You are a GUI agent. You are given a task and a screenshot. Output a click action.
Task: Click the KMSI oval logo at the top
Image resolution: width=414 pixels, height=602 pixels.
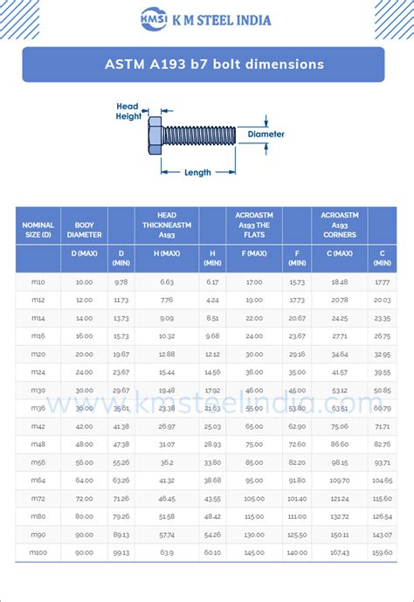[x=158, y=19]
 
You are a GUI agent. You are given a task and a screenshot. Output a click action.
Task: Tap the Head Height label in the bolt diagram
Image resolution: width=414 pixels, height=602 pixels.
[x=128, y=111]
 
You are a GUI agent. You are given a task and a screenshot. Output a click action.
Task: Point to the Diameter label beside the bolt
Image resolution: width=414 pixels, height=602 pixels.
[x=266, y=135]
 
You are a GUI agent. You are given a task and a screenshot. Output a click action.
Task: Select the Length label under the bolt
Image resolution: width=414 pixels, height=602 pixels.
[x=197, y=172]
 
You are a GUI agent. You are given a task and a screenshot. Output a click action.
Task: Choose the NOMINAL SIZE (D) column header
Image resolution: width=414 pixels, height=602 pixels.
[x=38, y=230]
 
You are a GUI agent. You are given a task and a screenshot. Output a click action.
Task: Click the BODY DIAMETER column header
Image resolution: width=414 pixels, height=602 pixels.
[x=84, y=230]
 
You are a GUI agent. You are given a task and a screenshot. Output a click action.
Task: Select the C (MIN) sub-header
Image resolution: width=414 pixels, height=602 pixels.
[x=382, y=258]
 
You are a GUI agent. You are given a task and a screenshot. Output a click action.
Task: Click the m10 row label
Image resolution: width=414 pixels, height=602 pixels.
[x=38, y=282]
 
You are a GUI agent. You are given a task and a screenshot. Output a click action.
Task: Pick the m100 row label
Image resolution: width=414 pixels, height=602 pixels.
[x=38, y=552]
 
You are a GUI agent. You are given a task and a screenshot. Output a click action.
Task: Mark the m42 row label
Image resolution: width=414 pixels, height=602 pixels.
[x=38, y=426]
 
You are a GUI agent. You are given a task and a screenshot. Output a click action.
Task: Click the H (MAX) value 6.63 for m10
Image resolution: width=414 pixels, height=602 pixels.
[x=167, y=282]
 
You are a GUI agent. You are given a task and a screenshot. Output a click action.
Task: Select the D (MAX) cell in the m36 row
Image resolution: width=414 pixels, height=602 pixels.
[x=84, y=408]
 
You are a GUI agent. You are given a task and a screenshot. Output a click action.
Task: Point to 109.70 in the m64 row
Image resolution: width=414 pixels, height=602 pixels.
[x=340, y=481]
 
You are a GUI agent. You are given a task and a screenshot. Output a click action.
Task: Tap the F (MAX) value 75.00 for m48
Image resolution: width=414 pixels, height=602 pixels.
[x=254, y=444]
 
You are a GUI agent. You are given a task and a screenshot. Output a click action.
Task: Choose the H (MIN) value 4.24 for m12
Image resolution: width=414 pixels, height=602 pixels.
[x=212, y=301]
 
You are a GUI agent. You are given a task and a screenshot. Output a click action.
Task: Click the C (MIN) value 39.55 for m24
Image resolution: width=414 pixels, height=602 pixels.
[x=382, y=372]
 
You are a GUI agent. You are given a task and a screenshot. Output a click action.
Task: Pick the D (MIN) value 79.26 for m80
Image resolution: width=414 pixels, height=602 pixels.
[x=121, y=516]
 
